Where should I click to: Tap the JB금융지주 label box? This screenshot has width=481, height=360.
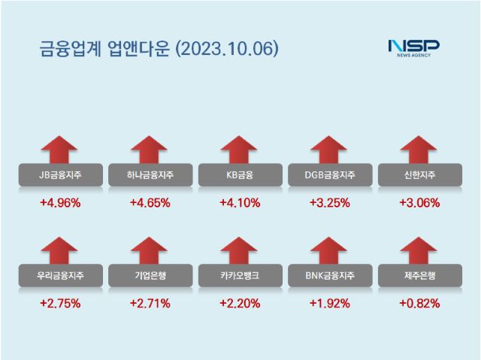(x=60, y=176)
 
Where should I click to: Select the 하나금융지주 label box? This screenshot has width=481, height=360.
(x=150, y=176)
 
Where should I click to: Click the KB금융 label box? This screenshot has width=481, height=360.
(x=240, y=176)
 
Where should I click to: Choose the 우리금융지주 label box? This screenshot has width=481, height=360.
(x=60, y=277)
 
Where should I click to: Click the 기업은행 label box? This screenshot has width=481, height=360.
(x=150, y=277)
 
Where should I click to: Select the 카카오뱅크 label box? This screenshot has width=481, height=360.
(x=240, y=277)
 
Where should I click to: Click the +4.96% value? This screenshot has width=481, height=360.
(x=60, y=203)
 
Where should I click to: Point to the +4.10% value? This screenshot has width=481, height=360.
(x=240, y=203)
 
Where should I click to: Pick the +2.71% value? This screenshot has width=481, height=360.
(x=150, y=304)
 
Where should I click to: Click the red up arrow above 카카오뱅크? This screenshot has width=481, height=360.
(x=240, y=251)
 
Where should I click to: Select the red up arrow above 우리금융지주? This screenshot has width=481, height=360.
(x=60, y=251)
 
